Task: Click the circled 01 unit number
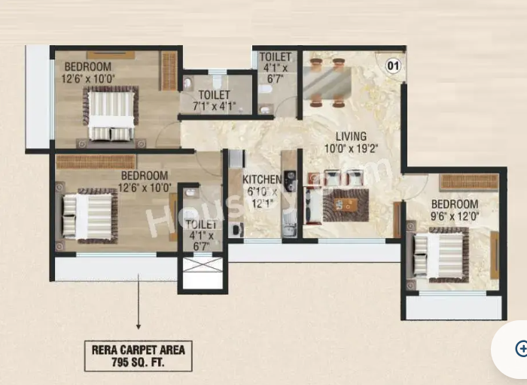[393, 66]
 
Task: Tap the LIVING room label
[352, 136]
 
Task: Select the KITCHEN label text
[262, 179]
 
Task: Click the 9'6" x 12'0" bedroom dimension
[455, 216]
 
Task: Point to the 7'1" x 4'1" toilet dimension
[214, 106]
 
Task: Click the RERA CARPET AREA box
[138, 356]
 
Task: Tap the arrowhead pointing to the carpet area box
[138, 326]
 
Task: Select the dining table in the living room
[327, 82]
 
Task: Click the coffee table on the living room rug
[346, 204]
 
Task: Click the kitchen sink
[289, 225]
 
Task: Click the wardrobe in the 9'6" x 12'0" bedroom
[469, 182]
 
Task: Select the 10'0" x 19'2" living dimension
[352, 148]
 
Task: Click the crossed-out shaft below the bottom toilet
[203, 264]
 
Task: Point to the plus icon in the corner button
[522, 348]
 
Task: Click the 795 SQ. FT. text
[138, 362]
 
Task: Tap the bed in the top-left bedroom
[111, 113]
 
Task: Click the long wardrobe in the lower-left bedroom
[96, 162]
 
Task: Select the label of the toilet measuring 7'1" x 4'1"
[214, 95]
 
